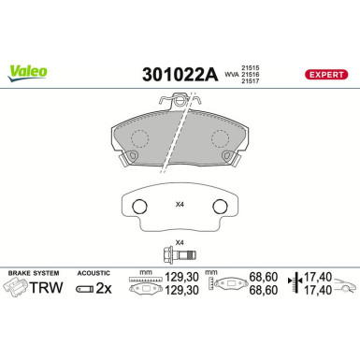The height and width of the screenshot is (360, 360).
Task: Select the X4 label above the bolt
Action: [181, 242]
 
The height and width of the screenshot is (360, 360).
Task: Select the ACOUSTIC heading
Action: [93, 272]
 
